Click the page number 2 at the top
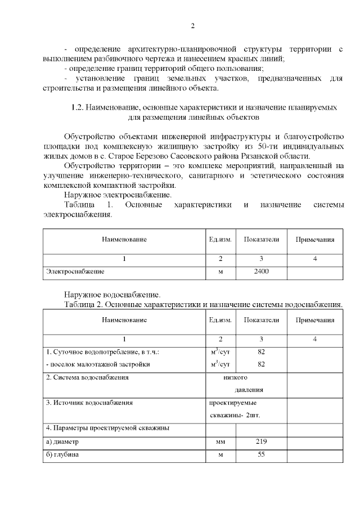coord(192,26)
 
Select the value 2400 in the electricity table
coord(261,272)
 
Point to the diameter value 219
coord(261,442)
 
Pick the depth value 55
coord(261,454)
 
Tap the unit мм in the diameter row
coord(220,443)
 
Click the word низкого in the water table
coord(235,377)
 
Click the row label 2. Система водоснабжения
coord(87,377)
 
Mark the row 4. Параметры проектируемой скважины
coord(107,429)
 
